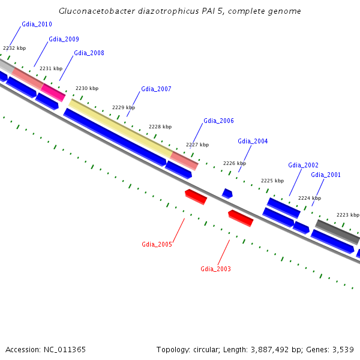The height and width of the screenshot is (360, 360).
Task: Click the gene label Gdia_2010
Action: tap(37, 24)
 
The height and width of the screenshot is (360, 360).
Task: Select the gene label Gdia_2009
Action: tap(64, 39)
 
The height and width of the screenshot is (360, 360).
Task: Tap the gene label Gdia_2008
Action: tap(89, 53)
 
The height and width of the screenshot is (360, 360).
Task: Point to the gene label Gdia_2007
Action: tap(156, 89)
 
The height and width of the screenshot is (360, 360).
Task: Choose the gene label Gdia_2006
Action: tap(218, 121)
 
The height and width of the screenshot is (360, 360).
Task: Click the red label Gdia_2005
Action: tap(157, 244)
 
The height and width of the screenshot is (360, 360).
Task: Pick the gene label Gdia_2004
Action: tap(253, 141)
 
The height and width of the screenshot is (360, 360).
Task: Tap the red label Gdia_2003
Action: tap(215, 269)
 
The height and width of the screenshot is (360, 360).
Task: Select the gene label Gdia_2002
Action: tap(303, 165)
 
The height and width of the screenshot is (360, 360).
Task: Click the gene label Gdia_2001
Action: tap(326, 175)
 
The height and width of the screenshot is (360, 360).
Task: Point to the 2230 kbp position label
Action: tap(87, 88)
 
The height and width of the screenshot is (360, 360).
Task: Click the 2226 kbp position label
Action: tap(235, 163)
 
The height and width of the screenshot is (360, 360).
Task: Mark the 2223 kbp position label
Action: tap(348, 215)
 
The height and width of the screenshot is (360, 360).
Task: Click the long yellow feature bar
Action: tap(121, 128)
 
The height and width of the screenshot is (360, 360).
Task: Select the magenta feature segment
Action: tap(53, 92)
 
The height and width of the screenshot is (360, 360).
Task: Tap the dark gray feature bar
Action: tap(337, 232)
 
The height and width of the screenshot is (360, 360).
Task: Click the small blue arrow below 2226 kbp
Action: tap(227, 194)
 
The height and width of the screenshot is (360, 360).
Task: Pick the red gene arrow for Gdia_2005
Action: tap(196, 197)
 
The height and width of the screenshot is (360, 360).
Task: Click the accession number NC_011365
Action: tap(65, 350)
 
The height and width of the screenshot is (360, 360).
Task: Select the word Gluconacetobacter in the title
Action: tap(97, 11)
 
